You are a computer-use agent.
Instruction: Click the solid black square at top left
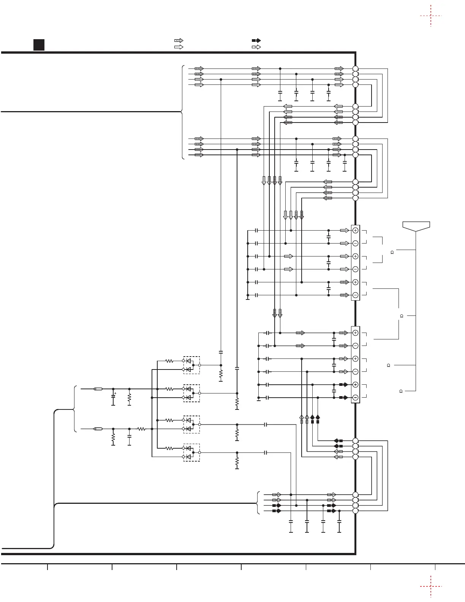tap(38, 45)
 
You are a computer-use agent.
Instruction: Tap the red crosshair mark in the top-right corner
tap(431, 16)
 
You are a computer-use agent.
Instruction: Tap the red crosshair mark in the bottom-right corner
tap(431, 586)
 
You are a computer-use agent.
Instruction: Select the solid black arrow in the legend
tap(256, 40)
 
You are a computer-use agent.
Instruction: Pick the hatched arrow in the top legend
tap(179, 40)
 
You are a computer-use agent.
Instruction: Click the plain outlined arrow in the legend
tap(179, 47)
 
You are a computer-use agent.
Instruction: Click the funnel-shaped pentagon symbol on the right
tap(416, 226)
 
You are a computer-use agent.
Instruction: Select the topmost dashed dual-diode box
tap(191, 365)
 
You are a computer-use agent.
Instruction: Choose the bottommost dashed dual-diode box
tap(191, 452)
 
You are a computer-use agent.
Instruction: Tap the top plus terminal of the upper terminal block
tap(355, 230)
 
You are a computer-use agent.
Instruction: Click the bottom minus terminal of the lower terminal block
tap(355, 398)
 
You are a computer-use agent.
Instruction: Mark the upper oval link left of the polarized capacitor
tap(98, 389)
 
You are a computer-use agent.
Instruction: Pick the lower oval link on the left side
tap(98, 429)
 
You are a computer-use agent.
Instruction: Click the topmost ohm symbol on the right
tap(391, 252)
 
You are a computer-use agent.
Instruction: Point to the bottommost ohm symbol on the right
tap(401, 391)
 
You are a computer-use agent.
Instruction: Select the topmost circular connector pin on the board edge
tap(355, 68)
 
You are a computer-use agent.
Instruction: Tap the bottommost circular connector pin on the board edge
tap(355, 511)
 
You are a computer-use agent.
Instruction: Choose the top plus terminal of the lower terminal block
tap(355, 333)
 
